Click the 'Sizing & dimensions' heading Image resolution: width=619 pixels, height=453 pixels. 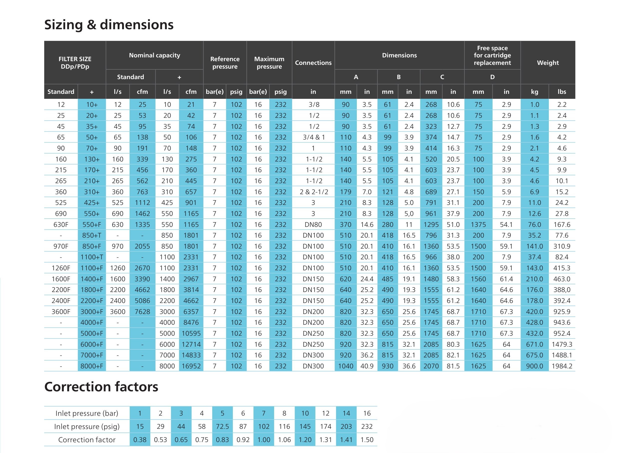tap(109, 25)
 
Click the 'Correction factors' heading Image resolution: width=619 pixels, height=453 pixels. tap(101, 387)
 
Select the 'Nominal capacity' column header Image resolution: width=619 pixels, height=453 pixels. tap(154, 55)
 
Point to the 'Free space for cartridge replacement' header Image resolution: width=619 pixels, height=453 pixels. tap(492, 55)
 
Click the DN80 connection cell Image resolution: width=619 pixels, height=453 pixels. tap(313, 225)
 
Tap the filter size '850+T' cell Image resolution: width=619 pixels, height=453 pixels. tap(92, 235)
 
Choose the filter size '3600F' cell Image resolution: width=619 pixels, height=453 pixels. tap(61, 311)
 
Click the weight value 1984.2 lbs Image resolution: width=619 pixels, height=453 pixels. tap(562, 366)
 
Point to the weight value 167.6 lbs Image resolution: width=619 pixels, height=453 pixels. tap(562, 225)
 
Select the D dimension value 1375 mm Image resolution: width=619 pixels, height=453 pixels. tap(478, 225)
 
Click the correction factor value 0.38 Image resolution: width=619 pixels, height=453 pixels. tap(140, 440)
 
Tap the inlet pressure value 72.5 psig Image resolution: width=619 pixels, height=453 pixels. tap(222, 426)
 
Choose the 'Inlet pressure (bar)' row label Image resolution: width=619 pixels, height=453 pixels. tap(87, 413)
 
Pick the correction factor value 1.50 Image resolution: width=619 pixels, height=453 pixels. tap(367, 440)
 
